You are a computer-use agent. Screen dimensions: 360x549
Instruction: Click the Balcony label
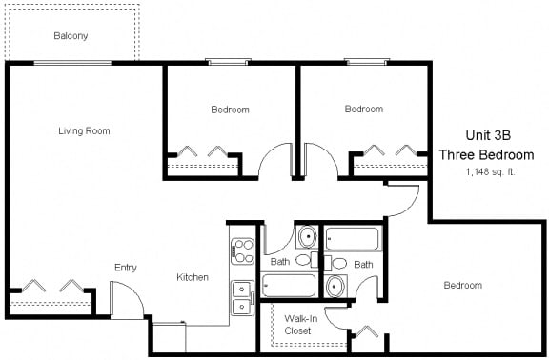[71, 36]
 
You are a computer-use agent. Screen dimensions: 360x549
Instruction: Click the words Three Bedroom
[486, 154]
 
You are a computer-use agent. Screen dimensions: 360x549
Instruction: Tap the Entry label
[126, 268]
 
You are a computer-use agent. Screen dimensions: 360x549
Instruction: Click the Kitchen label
[193, 277]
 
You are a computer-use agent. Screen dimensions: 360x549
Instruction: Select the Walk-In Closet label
[299, 325]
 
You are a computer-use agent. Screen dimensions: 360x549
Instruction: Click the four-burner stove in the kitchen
[242, 250]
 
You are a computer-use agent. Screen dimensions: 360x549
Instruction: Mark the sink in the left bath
[308, 237]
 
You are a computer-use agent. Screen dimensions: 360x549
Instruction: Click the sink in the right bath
[335, 286]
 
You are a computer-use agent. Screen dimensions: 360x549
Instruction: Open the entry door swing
[127, 304]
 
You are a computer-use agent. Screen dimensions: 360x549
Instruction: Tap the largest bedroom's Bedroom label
[462, 286]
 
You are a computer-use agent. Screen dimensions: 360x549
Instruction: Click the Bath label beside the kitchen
[279, 261]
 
